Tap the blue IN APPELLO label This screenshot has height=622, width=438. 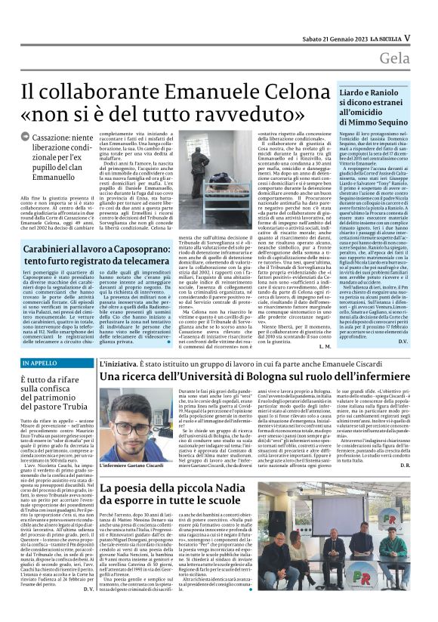(x=39, y=364)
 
